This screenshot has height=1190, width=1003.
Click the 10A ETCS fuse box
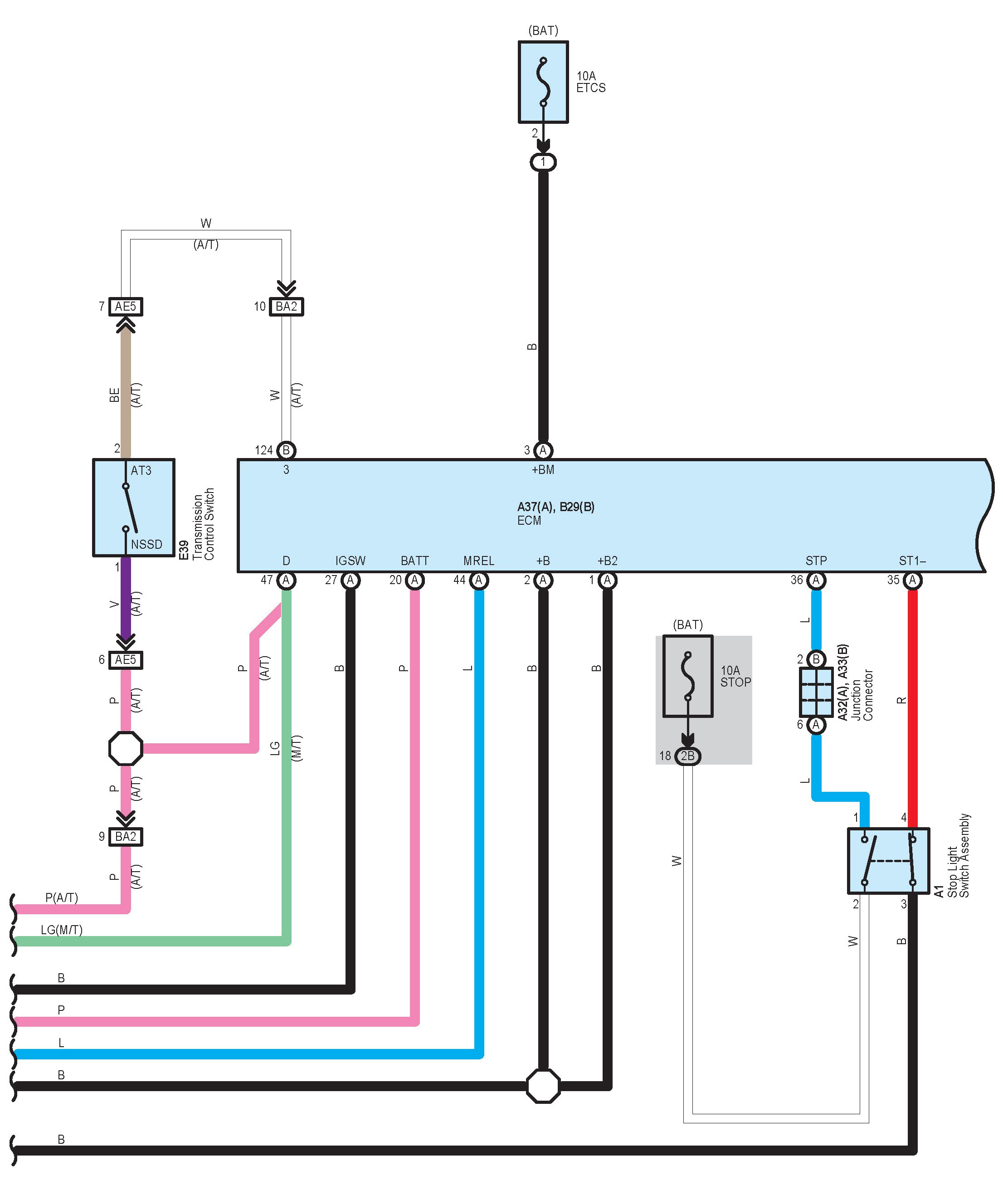click(x=543, y=82)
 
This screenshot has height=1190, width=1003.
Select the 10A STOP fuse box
click(x=687, y=676)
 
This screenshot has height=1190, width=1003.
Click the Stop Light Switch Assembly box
click(x=888, y=860)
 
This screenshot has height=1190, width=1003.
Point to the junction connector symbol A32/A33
click(x=816, y=692)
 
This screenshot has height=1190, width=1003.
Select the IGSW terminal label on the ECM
click(x=350, y=561)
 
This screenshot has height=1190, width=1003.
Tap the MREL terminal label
click(x=479, y=561)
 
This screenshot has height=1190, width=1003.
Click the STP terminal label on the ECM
click(x=816, y=561)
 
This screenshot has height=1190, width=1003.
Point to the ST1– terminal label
click(x=912, y=561)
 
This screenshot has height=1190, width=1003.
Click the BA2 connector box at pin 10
click(x=286, y=307)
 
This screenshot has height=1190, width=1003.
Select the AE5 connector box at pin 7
click(x=126, y=307)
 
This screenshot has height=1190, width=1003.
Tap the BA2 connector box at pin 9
click(x=126, y=836)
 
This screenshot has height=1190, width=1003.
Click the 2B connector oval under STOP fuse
click(x=687, y=756)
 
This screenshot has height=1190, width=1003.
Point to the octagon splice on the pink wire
click(x=126, y=748)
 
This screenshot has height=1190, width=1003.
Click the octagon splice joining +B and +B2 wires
click(x=543, y=1086)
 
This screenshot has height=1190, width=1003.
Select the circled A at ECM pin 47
click(x=286, y=580)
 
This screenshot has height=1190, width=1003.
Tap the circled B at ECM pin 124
click(x=286, y=450)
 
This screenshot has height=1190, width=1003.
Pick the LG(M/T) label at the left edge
click(x=61, y=930)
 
